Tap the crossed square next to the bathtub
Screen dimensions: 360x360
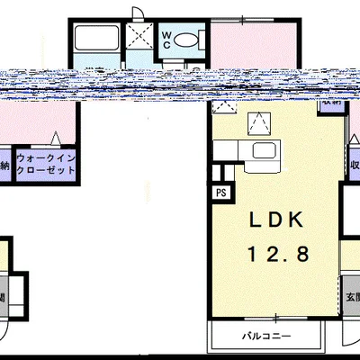(x=139, y=39)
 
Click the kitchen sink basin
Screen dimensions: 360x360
(x=264, y=150)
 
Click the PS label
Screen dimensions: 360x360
(x=220, y=191)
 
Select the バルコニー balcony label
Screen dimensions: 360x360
(x=265, y=337)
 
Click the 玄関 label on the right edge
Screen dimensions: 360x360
(x=353, y=295)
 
